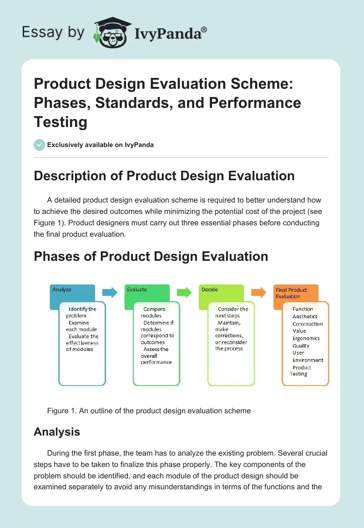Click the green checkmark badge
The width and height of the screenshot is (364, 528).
(40, 145)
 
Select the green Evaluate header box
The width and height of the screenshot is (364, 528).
(147, 291)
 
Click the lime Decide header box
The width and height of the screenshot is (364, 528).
(222, 291)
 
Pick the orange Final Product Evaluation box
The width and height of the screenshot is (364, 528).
(296, 293)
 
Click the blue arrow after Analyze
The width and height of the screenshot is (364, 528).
(110, 292)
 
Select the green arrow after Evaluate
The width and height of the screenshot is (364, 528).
(184, 292)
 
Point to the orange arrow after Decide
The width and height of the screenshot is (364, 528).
(258, 292)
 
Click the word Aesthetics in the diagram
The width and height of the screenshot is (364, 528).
(305, 316)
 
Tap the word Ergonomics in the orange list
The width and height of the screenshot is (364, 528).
(306, 338)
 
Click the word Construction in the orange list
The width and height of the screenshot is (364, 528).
(308, 324)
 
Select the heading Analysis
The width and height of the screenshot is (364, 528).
(57, 432)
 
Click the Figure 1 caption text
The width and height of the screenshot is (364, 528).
(149, 411)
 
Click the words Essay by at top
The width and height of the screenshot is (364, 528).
(53, 32)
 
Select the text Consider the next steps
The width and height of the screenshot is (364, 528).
(232, 312)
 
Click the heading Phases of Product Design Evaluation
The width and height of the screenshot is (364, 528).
(151, 256)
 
